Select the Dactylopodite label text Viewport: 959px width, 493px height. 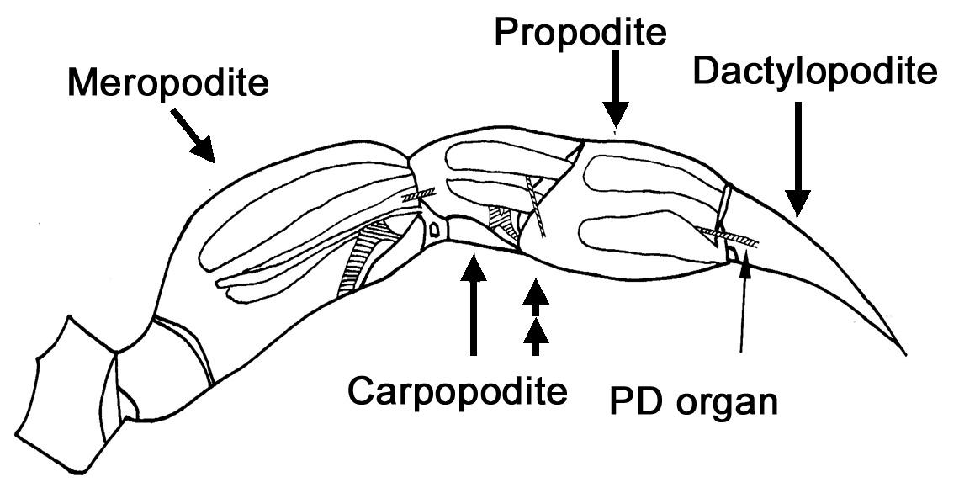[813, 73]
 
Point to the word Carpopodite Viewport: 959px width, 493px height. [458, 390]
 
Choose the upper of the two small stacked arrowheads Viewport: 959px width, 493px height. [536, 294]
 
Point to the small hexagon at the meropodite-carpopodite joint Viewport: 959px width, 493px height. [435, 229]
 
